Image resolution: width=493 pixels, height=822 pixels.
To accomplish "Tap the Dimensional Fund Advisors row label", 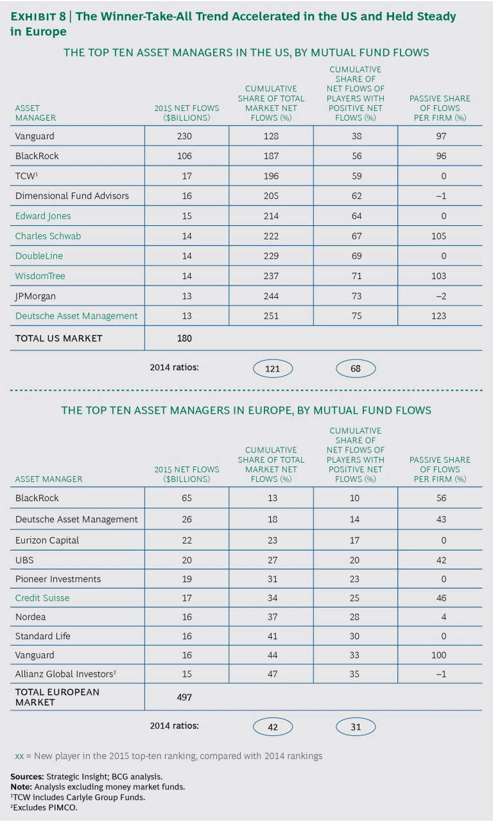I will click(72, 196).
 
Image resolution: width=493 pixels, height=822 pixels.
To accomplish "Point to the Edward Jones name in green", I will click(43, 216).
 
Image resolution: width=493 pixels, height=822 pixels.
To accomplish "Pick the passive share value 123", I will click(440, 316).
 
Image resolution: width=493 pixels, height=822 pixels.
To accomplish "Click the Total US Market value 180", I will click(184, 338).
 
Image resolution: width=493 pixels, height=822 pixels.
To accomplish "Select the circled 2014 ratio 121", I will click(273, 368).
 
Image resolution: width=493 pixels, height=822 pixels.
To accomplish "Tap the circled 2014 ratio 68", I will click(356, 368).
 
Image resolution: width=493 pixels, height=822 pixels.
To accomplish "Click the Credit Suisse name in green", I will click(42, 598).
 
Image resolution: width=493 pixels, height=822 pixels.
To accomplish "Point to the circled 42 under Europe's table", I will click(273, 726).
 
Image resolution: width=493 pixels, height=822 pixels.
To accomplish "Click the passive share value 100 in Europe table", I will click(440, 655).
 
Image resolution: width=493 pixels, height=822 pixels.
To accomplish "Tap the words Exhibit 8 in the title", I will click(37, 16).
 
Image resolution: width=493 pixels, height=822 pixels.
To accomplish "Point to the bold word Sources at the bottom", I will click(26, 776).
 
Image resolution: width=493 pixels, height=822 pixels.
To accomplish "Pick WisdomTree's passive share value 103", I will click(440, 276).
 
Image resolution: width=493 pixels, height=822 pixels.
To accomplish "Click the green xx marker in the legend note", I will click(19, 756).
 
